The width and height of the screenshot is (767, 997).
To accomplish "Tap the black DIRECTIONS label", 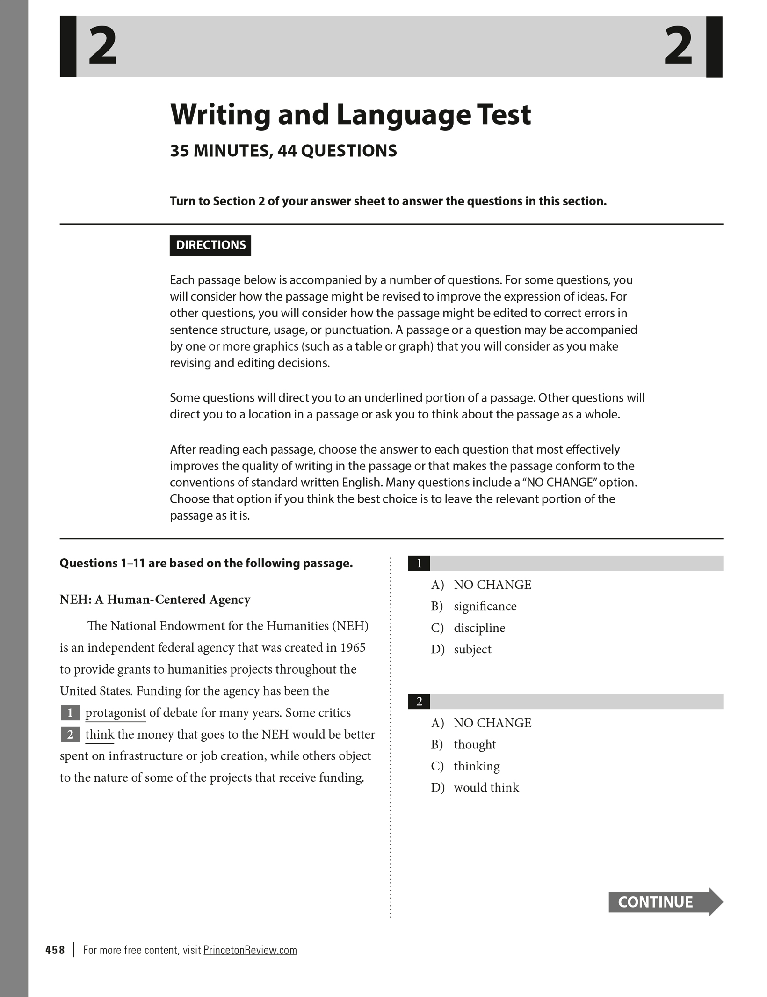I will [210, 245].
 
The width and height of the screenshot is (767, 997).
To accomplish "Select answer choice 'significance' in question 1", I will [485, 606].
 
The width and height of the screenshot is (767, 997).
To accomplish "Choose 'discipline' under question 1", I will [479, 628].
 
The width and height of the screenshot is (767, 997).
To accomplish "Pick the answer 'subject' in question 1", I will [472, 649].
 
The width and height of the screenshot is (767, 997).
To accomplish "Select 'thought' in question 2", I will [474, 744].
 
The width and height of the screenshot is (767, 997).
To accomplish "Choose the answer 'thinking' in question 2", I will [476, 766].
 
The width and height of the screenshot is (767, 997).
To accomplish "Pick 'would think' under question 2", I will [486, 787].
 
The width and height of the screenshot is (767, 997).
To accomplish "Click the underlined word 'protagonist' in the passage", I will [116, 713].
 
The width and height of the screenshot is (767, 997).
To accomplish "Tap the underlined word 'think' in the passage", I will [100, 734].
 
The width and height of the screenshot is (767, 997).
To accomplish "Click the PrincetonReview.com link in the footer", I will [250, 950].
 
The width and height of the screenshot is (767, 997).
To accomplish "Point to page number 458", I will [55, 950].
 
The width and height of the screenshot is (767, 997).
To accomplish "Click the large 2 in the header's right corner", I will [678, 46].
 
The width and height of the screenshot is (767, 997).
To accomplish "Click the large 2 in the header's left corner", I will [102, 46].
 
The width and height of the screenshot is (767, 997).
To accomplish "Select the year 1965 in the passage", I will [353, 648].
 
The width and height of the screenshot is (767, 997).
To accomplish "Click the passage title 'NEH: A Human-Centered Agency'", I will [155, 600].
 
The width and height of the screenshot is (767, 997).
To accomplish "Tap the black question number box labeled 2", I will [419, 701].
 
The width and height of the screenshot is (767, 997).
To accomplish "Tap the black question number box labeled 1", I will [419, 563].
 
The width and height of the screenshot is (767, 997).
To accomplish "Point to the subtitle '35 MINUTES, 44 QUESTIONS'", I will [283, 151].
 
